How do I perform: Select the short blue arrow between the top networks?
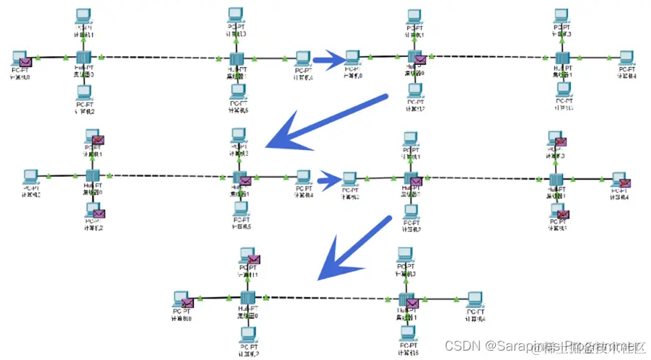click(327, 61)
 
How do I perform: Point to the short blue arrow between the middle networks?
click(328, 178)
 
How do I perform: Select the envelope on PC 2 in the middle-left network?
click(99, 214)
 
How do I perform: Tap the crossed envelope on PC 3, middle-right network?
click(560, 141)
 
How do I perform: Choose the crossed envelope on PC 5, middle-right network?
click(562, 214)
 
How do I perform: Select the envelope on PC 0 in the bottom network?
click(188, 302)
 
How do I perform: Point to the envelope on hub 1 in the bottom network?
click(413, 303)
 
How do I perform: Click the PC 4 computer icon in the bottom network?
click(474, 299)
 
